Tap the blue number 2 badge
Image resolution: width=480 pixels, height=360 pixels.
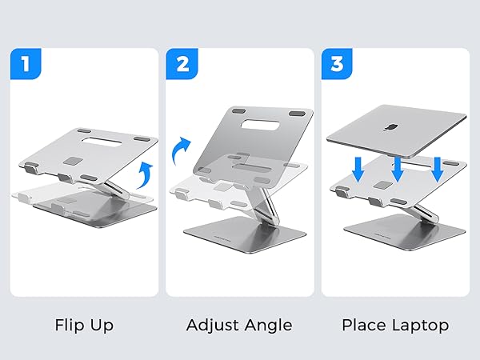point(182,65)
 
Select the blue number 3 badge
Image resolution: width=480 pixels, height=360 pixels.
point(338,65)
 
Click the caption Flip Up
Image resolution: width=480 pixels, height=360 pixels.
point(84,326)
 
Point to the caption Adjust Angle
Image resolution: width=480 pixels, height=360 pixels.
point(239,326)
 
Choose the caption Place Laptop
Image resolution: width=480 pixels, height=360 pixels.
point(395,326)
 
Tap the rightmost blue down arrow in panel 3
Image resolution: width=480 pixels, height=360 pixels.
point(437,169)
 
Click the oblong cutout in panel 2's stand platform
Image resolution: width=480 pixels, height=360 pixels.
point(249,127)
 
